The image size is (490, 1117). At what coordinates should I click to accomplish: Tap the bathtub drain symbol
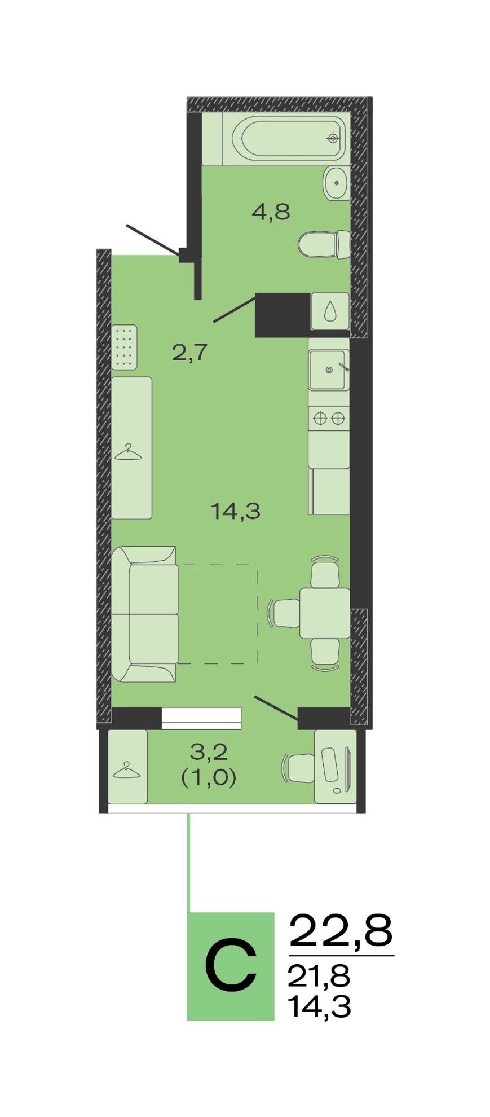tap(333, 138)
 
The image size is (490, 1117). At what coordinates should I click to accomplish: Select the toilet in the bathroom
tap(324, 244)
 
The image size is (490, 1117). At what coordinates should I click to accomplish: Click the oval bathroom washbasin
tap(337, 183)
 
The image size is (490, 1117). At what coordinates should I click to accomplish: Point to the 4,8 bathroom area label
tap(271, 212)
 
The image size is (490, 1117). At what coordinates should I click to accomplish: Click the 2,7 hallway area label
tap(190, 353)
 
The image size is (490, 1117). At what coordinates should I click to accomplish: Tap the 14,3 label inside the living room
tap(235, 512)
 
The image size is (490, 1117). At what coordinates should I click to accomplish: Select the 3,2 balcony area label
tap(208, 751)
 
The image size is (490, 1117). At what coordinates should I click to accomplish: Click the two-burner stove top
tap(329, 419)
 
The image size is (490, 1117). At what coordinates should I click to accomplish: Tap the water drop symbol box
tap(330, 311)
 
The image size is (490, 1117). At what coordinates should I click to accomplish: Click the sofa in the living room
tap(144, 614)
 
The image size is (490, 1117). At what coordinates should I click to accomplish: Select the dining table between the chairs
tap(325, 613)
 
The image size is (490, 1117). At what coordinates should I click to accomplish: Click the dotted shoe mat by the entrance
tap(124, 347)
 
